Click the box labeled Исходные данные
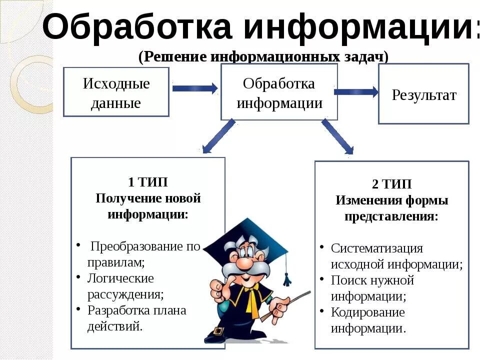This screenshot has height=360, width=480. pyautogui.click(x=116, y=92)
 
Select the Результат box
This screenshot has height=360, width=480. pyautogui.click(x=423, y=94)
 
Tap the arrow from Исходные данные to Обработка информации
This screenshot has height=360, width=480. pyautogui.click(x=194, y=88)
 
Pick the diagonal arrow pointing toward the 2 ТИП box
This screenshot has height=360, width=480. pyautogui.click(x=337, y=136)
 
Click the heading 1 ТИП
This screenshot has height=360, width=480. pyautogui.click(x=148, y=182)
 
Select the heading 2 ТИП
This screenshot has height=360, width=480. pyautogui.click(x=391, y=184)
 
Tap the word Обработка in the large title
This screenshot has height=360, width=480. pyautogui.click(x=138, y=27)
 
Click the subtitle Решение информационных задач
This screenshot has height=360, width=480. pyautogui.click(x=263, y=56)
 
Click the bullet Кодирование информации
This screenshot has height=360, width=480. pyautogui.click(x=368, y=320)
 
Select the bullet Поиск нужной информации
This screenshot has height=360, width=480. pyautogui.click(x=372, y=288)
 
